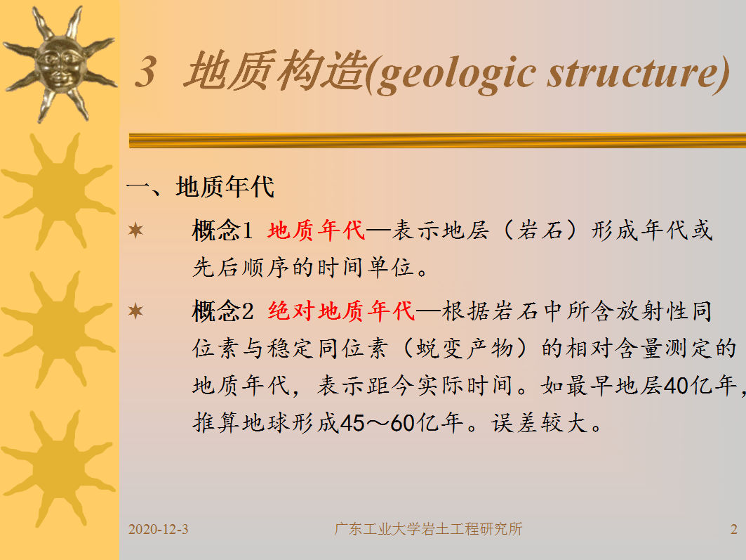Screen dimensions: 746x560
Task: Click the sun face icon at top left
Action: point(60,64)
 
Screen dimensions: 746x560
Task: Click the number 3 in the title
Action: point(146,72)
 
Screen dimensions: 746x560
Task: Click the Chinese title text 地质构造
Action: point(277,70)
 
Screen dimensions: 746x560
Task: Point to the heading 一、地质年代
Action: point(200,186)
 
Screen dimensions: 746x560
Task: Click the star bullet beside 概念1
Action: point(135,230)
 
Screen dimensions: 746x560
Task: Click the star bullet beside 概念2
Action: point(135,311)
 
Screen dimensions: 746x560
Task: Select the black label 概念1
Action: point(222,230)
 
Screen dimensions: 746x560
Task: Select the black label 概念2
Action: point(222,311)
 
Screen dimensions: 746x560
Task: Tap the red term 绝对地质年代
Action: point(341,311)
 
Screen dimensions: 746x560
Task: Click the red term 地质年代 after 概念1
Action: point(316,230)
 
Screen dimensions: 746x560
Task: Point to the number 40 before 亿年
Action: point(677,385)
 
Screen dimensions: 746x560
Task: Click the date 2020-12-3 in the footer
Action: point(158,529)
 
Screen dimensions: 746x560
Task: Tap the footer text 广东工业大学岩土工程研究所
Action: point(428,529)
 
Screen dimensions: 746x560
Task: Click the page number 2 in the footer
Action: point(733,529)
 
